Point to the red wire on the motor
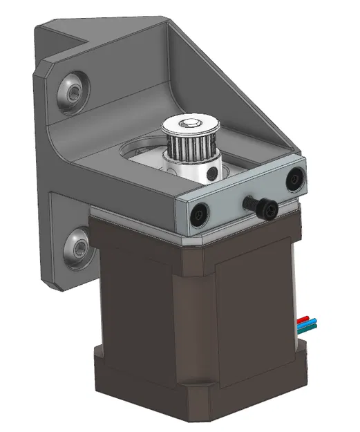[304, 320]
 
